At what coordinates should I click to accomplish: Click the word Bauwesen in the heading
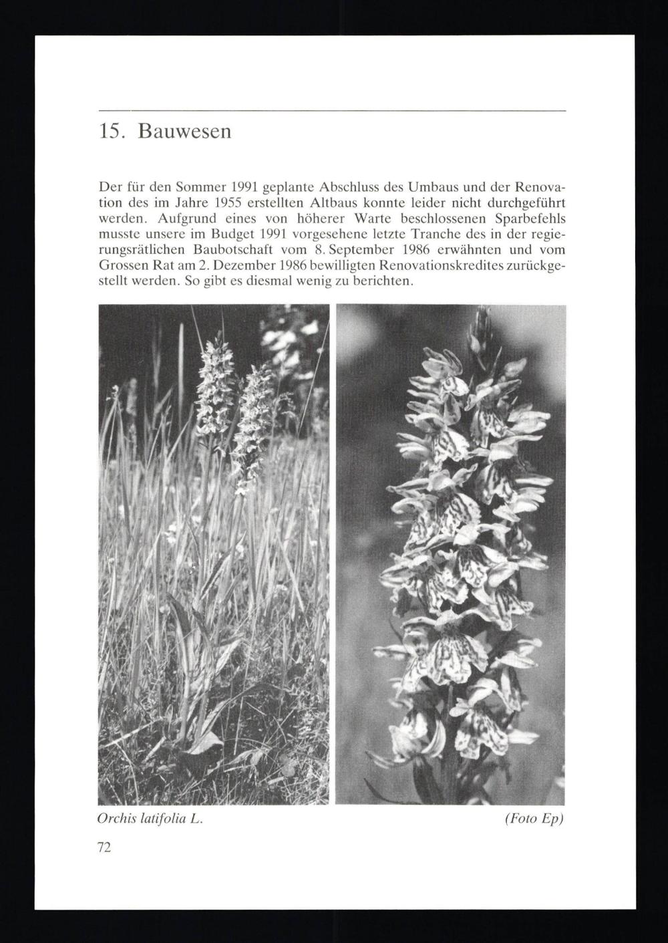coord(184,131)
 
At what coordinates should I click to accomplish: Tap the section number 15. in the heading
coord(112,131)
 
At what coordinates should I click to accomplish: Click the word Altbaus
coord(327,200)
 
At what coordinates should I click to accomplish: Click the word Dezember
coord(216,266)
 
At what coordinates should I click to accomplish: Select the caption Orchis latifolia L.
coord(150,819)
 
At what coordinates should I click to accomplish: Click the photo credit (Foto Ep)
coord(534,819)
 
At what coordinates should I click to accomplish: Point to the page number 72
coord(104,847)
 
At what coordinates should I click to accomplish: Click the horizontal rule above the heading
coord(332,110)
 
